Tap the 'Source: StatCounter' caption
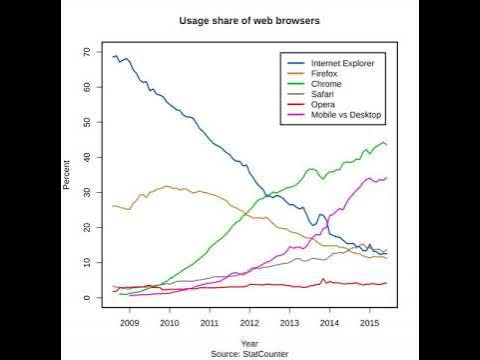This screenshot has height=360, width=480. [246, 353]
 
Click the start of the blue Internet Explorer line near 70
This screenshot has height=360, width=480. [114, 57]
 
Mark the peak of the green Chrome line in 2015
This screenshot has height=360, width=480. [383, 142]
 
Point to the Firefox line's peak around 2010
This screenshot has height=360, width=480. [167, 186]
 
